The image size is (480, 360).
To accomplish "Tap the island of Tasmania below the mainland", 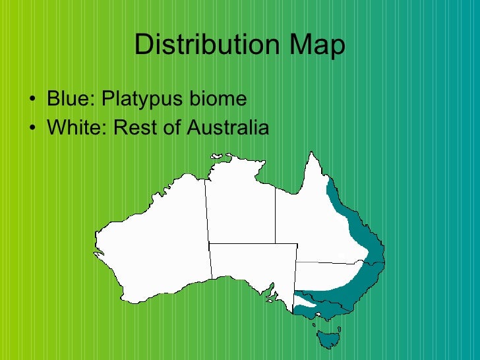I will [327, 338].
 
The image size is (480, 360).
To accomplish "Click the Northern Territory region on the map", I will [239, 204].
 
